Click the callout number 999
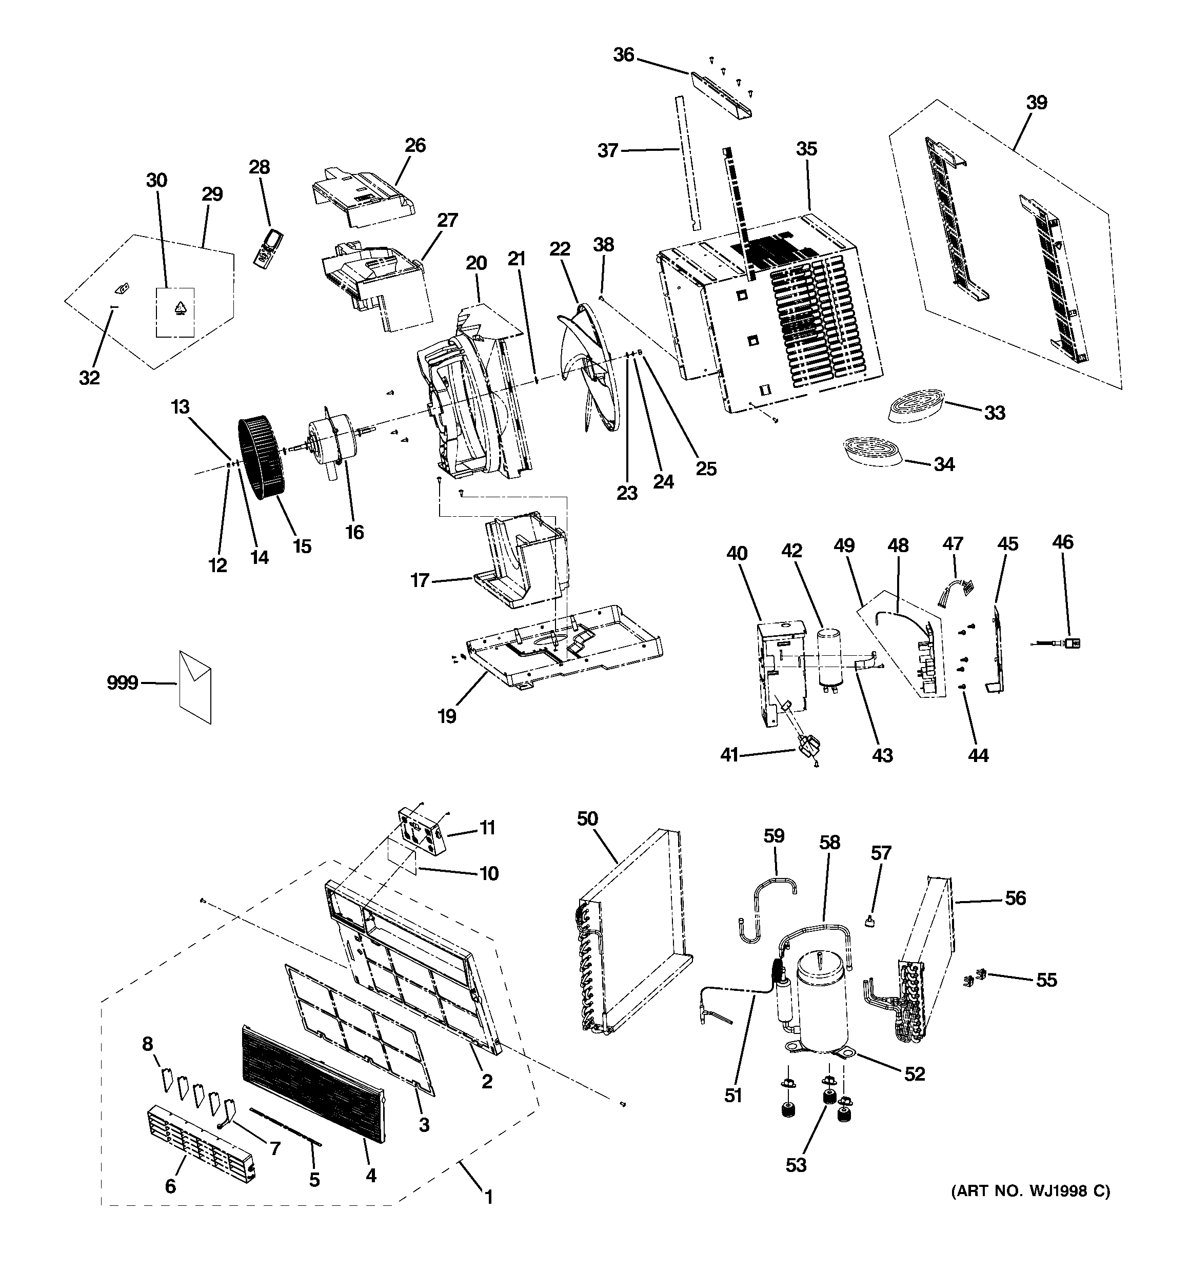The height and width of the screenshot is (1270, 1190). [122, 683]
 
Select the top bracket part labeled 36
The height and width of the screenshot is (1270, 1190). [721, 93]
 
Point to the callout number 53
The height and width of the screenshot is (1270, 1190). [796, 1165]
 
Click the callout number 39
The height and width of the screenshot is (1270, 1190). [1037, 102]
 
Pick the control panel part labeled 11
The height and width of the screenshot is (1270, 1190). [421, 830]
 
